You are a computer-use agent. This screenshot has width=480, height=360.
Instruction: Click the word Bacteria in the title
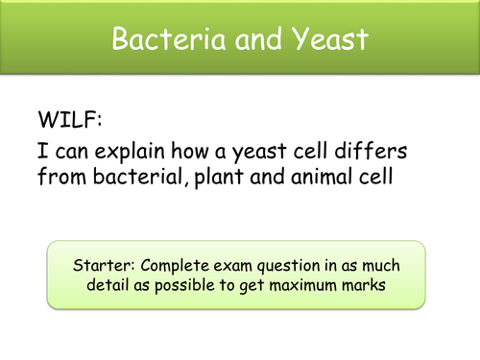pos(157,40)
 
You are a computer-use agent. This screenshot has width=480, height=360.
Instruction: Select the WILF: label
pos(65,123)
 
